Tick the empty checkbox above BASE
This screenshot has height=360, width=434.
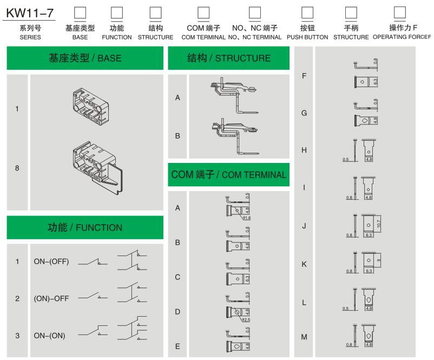80,12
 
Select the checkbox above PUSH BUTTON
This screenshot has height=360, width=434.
307,12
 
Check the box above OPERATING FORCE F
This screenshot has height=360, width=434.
400,12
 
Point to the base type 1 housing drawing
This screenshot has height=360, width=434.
94,102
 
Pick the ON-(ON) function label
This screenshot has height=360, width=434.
50,336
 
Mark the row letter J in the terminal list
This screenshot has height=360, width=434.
304,226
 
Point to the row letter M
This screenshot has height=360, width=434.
304,337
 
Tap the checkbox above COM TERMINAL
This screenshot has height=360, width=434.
203,12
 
